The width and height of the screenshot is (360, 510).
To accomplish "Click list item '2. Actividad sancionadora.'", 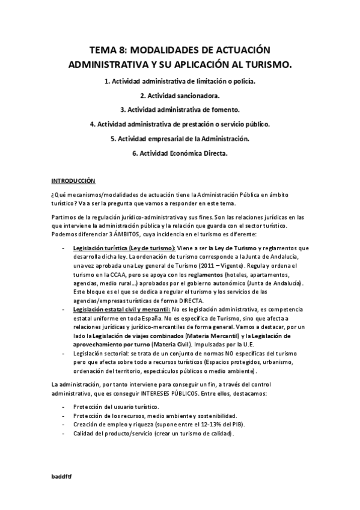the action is point(180,95).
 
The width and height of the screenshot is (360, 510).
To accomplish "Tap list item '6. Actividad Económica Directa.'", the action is point(180,153).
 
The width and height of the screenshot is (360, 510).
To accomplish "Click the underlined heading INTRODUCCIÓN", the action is point(73,180).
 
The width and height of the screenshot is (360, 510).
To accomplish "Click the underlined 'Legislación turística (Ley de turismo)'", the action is point(124,248).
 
